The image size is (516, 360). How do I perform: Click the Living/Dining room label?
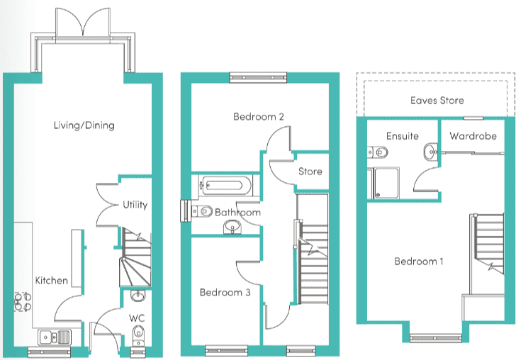pos(84,125)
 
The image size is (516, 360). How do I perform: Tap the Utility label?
pos(135,205)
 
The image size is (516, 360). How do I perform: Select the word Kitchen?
pos(52,281)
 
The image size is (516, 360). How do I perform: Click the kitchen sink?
pos(55,337)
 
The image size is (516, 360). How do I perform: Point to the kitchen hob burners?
pos(23,302)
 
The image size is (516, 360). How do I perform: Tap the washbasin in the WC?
pos(138,296)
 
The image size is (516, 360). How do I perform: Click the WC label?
pos(137,318)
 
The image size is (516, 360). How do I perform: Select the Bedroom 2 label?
pos(258,116)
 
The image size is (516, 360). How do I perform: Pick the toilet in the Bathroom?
pos(202,211)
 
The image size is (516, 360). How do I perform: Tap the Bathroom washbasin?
pos(232,227)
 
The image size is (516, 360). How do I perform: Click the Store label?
pos(310,171)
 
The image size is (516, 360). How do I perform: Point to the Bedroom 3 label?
pos(225,292)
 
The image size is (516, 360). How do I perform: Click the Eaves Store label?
pos(437,101)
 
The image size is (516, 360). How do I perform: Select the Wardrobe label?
pos(473,136)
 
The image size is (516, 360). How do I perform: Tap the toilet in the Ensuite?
pos(378,152)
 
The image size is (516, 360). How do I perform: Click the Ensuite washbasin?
pos(430,152)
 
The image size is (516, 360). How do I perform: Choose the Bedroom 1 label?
pos(419,261)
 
